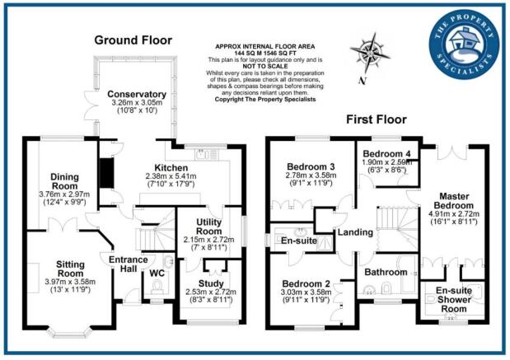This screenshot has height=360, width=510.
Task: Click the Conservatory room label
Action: coord(137,94)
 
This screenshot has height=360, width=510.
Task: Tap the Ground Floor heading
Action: coord(133,40)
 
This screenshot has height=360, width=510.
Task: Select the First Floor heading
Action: coord(377,119)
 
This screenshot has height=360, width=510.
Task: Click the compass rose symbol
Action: coord(370,53)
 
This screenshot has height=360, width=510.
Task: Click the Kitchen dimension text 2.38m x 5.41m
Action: coord(171,176)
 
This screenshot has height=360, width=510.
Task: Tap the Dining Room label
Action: coord(64,181)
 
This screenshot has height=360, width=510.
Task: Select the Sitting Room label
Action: coord(70,269)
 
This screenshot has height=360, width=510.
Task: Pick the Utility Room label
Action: coord(208,227)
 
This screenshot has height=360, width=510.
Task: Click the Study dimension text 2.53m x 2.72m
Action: coord(211,292)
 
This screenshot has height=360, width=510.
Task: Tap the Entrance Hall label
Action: coord(129,264)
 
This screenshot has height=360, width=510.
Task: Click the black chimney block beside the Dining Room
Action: coord(106,173)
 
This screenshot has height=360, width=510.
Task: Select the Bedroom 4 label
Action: coord(386,153)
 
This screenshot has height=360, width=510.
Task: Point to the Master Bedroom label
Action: coord(454,201)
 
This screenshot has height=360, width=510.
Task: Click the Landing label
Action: coord(355,232)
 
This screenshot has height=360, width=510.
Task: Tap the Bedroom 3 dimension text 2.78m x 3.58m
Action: coord(311,175)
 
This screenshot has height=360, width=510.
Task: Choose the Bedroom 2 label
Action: coord(306,283)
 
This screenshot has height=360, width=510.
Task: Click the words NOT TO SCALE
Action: coord(265,67)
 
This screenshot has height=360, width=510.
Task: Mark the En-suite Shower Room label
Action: coord(454,300)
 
